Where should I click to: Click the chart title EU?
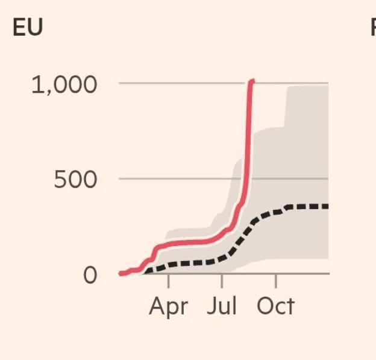coord(28,28)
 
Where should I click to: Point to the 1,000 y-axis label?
coord(64,85)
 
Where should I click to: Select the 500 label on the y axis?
coord(75,180)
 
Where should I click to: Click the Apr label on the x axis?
coord(169,306)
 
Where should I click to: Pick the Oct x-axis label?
coord(275,306)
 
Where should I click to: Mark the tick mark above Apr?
coord(169,280)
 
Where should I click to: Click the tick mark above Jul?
coord(222,280)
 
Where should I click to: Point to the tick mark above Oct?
coord(276,280)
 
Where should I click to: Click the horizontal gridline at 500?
coord(181,178)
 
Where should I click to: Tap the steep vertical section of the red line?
coord(248,133)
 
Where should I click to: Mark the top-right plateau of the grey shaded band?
coord(307,87)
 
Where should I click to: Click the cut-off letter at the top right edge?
coord(373,28)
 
